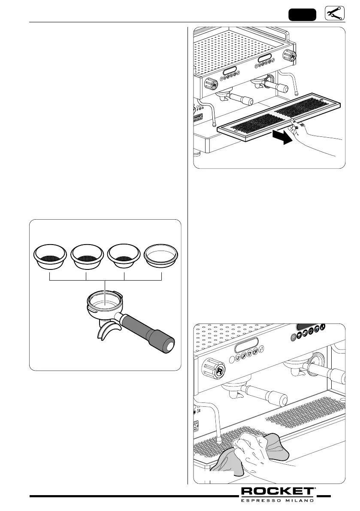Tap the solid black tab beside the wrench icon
tap(303, 15)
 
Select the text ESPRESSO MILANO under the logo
tap(276, 500)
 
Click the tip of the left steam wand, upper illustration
tap(213, 126)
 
